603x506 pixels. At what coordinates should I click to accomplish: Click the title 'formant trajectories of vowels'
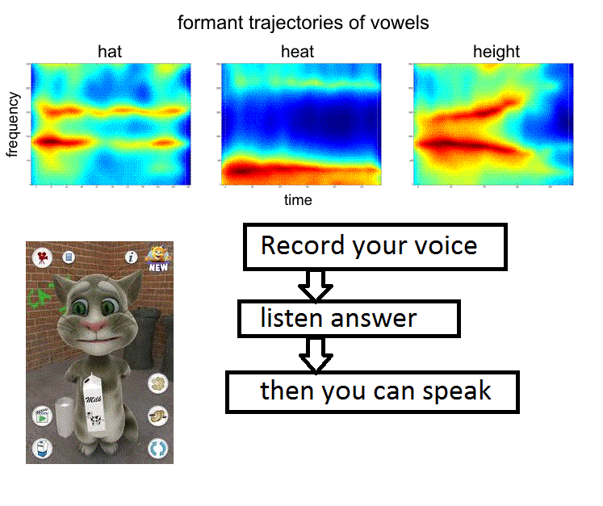pyautogui.click(x=303, y=23)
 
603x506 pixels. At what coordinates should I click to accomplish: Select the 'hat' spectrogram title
pyautogui.click(x=110, y=52)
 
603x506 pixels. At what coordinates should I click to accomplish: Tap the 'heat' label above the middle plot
pyautogui.click(x=298, y=52)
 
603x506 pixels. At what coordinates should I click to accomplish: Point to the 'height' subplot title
pyautogui.click(x=496, y=52)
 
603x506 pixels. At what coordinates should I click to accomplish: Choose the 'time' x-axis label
pyautogui.click(x=298, y=200)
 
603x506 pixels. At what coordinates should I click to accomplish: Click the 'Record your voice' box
pyautogui.click(x=375, y=246)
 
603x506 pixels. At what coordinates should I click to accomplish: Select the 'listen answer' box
pyautogui.click(x=349, y=319)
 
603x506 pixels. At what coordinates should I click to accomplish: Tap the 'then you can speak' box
pyautogui.click(x=372, y=391)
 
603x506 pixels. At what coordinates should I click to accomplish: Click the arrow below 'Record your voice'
pyautogui.click(x=314, y=285)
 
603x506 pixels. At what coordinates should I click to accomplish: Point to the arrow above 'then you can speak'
pyautogui.click(x=314, y=354)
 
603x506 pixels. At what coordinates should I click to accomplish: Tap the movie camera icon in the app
pyautogui.click(x=40, y=257)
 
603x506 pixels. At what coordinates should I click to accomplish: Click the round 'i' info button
pyautogui.click(x=131, y=257)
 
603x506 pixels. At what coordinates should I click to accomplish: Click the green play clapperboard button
pyautogui.click(x=41, y=416)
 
